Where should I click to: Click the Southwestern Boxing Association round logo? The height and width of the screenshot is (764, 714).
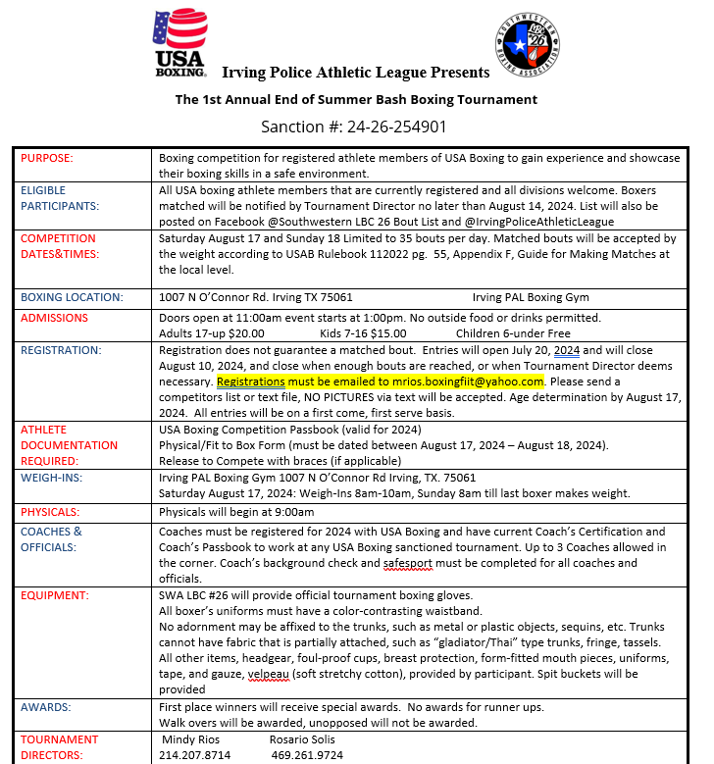pyautogui.click(x=528, y=44)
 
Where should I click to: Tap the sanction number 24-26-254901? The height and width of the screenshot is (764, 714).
pyautogui.click(x=354, y=127)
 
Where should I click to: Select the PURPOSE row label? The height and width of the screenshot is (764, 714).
pyautogui.click(x=47, y=158)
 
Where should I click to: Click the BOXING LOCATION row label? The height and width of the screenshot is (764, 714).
pyautogui.click(x=72, y=297)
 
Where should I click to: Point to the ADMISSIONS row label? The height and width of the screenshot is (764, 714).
pyautogui.click(x=55, y=318)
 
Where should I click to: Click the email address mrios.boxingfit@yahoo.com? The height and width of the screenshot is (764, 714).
pyautogui.click(x=469, y=381)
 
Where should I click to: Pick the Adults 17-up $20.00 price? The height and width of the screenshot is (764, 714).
pyautogui.click(x=212, y=332)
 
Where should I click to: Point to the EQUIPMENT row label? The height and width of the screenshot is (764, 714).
pyautogui.click(x=55, y=594)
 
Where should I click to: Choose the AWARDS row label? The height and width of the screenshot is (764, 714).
pyautogui.click(x=47, y=705)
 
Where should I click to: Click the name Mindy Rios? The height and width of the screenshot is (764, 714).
pyautogui.click(x=190, y=739)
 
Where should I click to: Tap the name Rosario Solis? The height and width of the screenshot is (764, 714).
pyautogui.click(x=304, y=739)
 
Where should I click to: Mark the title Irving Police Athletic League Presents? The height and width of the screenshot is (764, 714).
pyautogui.click(x=355, y=73)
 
